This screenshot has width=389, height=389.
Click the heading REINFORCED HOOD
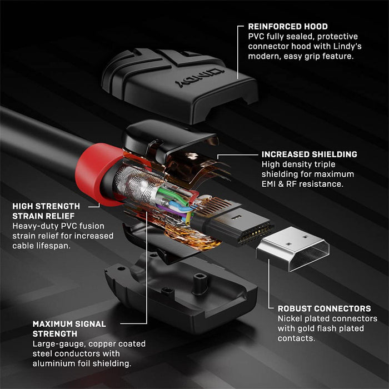[287, 26]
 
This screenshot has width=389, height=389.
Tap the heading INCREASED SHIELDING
[309, 154]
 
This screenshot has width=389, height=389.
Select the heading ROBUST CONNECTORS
[316, 308]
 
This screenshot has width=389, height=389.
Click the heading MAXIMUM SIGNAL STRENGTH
[68, 328]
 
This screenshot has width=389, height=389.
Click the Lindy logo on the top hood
[200, 77]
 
